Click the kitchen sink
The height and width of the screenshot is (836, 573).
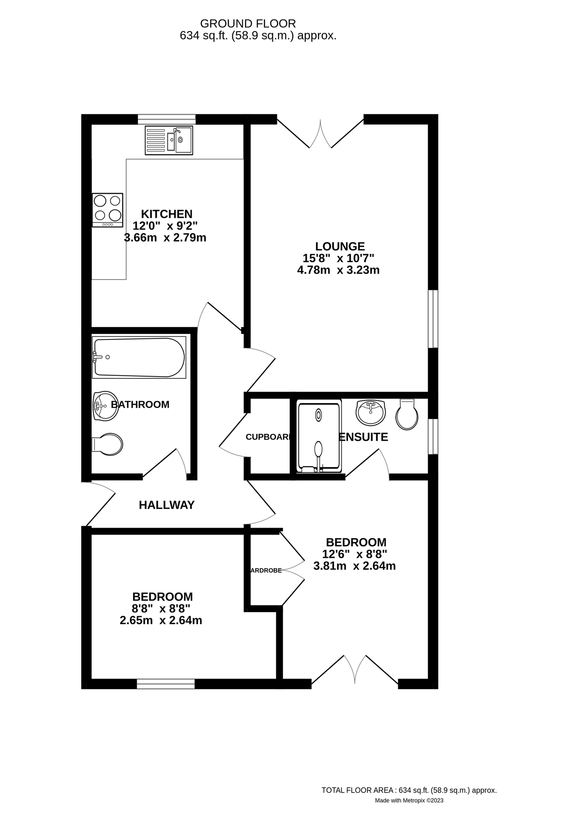pyautogui.click(x=168, y=140)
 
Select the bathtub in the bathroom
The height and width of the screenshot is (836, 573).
pyautogui.click(x=139, y=357)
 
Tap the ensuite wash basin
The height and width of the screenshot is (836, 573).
pyautogui.click(x=370, y=411)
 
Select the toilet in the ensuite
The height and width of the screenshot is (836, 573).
pyautogui.click(x=407, y=414)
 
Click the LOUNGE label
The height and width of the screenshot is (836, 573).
pyautogui.click(x=340, y=246)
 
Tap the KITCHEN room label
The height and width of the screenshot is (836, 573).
pyautogui.click(x=167, y=214)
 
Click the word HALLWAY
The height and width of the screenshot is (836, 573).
pyautogui.click(x=167, y=505)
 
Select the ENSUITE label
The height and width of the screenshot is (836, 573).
pyautogui.click(x=363, y=437)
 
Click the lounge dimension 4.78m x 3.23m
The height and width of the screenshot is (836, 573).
pyautogui.click(x=338, y=270)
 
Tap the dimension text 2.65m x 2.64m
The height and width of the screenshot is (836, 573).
pyautogui.click(x=161, y=620)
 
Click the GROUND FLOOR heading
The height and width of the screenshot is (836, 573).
pyautogui.click(x=248, y=23)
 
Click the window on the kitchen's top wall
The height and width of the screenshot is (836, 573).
pyautogui.click(x=167, y=119)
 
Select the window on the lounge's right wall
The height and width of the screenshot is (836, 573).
pyautogui.click(x=432, y=319)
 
